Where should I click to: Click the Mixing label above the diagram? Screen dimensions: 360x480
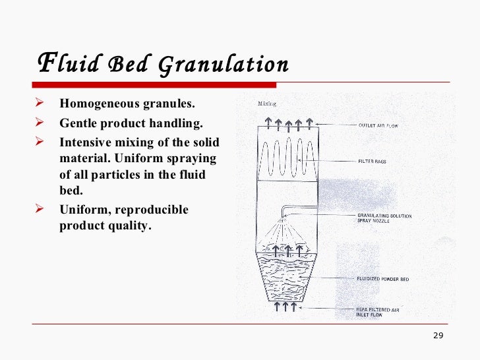[x=266, y=104]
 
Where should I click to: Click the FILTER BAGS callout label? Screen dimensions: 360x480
[x=373, y=161]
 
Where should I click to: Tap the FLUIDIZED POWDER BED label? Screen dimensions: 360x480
[x=382, y=279]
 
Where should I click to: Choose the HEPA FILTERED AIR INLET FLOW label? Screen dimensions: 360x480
[x=378, y=312]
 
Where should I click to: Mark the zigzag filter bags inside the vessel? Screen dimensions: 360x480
[x=285, y=158]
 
